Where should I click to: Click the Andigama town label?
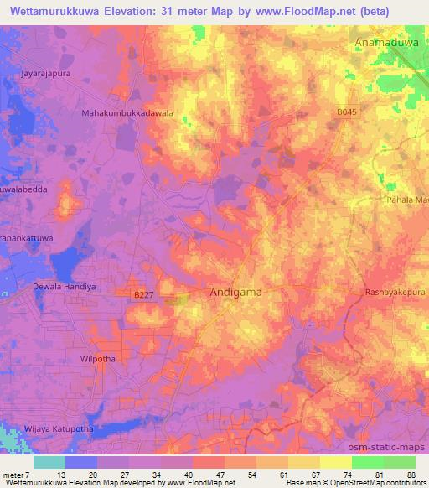click(x=235, y=293)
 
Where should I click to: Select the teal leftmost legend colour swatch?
click(x=49, y=462)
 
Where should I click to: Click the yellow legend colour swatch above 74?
click(x=335, y=462)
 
